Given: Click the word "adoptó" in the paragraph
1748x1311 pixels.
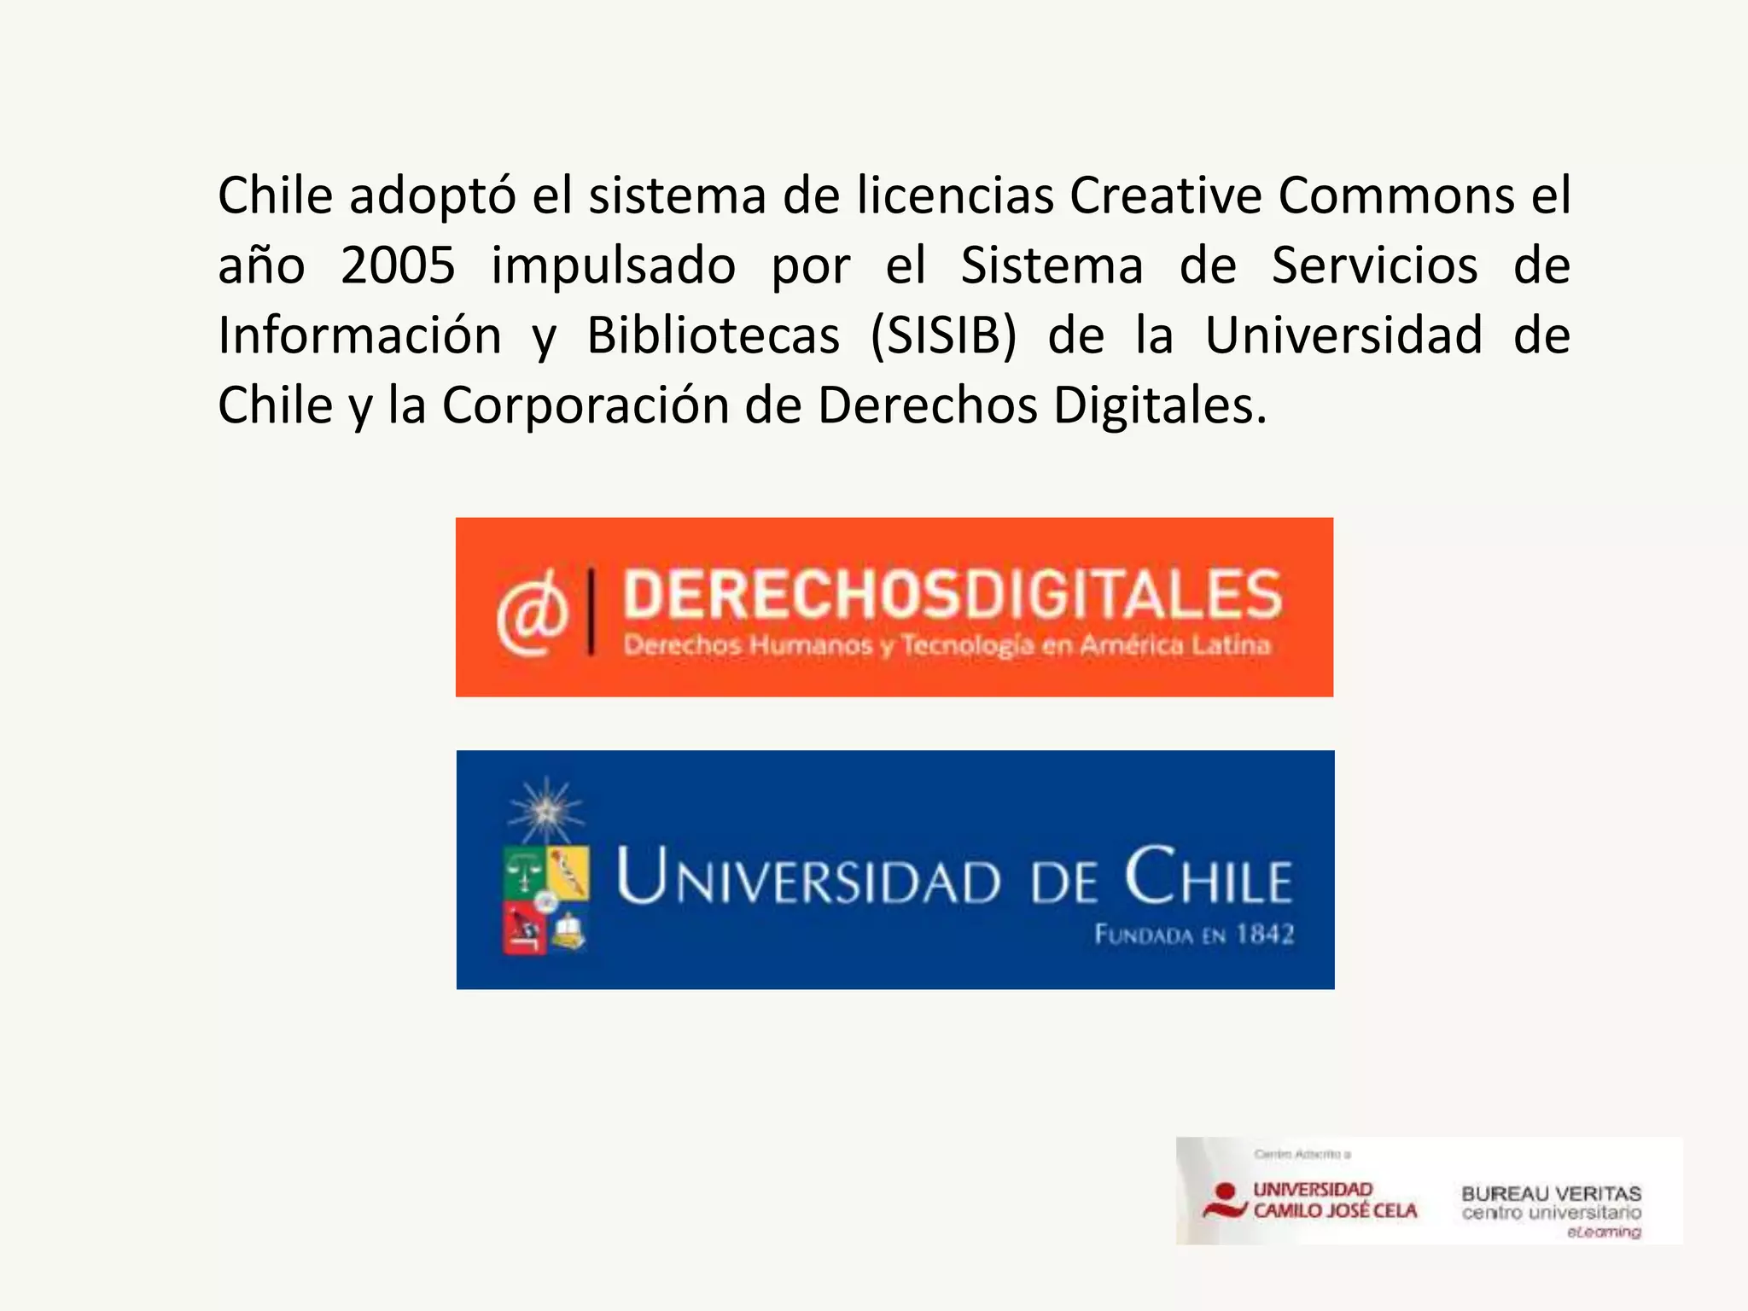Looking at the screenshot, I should (x=432, y=196).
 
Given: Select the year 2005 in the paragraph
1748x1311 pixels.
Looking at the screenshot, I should (x=397, y=265).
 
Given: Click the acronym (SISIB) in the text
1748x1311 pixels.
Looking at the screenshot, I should (x=943, y=335).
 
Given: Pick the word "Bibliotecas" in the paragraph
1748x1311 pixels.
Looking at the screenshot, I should (x=713, y=335).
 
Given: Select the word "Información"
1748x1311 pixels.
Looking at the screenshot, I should (x=359, y=335).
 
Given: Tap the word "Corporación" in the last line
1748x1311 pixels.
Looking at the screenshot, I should (x=585, y=405).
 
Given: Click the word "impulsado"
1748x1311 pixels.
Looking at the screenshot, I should (x=613, y=265).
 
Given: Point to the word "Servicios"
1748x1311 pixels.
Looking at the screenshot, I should (x=1374, y=265).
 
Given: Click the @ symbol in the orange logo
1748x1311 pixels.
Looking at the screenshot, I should (x=533, y=613).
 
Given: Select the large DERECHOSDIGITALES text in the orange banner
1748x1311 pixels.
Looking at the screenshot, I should (x=952, y=594).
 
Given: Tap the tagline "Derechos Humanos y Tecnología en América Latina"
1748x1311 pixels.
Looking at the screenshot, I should (x=947, y=645).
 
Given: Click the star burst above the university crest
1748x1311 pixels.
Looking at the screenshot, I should (x=545, y=810).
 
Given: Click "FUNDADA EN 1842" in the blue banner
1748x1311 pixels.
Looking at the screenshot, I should (x=1194, y=935).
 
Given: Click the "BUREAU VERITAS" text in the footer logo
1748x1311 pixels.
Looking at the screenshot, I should (x=1551, y=1193).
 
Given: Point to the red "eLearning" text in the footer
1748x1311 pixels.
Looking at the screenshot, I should (x=1604, y=1232).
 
